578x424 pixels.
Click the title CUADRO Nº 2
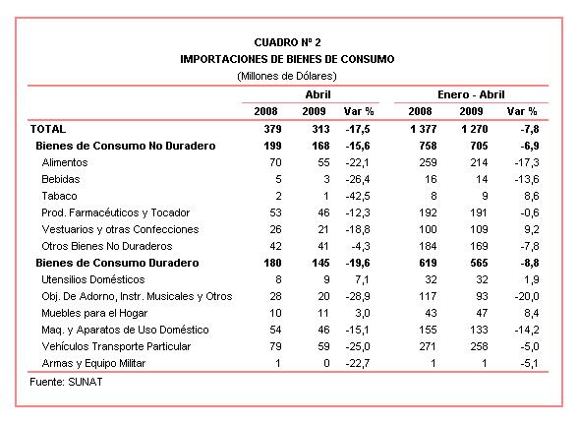(287, 42)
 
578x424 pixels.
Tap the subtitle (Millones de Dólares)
(287, 76)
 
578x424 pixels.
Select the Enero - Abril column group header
(471, 94)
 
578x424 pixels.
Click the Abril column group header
(318, 94)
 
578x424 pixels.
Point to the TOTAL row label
(48, 129)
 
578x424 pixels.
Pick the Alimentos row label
(65, 162)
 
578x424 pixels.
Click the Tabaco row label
(59, 196)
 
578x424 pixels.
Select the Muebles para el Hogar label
(94, 313)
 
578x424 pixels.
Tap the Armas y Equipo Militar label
(93, 363)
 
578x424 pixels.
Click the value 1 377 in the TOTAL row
(423, 129)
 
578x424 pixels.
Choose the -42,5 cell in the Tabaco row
(358, 196)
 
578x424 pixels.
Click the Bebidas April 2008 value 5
(278, 179)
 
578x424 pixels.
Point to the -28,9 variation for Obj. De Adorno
(358, 296)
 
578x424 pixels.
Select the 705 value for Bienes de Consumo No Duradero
(479, 146)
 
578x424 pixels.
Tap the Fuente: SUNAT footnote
(66, 382)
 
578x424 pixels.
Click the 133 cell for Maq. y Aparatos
(479, 330)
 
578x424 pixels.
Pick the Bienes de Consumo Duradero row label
(117, 263)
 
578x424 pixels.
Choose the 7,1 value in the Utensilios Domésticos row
(362, 279)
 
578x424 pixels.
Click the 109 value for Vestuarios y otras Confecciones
(479, 229)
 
